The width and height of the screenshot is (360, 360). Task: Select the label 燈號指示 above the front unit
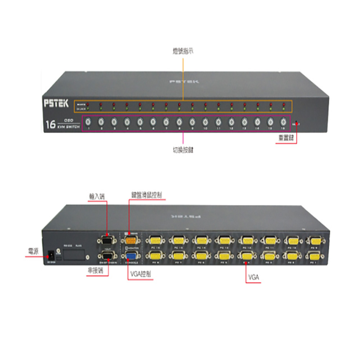[x=183, y=51]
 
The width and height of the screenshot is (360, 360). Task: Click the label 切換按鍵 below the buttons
[x=183, y=150]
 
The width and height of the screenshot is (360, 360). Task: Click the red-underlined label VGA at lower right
[x=253, y=278]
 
